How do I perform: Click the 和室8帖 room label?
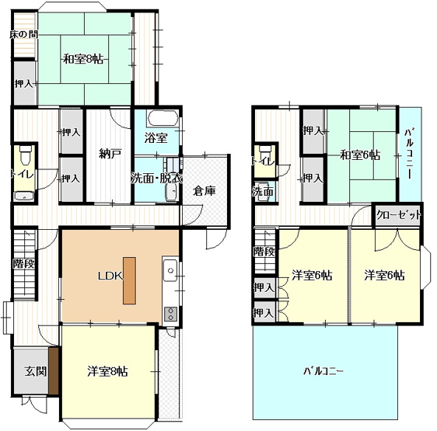click(x=83, y=59)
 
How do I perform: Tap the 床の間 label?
click(x=23, y=35)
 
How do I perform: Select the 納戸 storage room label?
click(x=110, y=154)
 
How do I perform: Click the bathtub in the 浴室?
click(x=163, y=118)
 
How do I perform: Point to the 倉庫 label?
click(x=205, y=191)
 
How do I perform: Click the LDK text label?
click(x=110, y=276)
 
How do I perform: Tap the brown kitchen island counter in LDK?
click(x=130, y=280)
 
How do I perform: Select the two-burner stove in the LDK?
click(x=170, y=314)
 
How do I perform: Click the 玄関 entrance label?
click(x=36, y=371)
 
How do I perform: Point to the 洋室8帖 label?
click(x=107, y=371)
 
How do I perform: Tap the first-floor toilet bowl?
click(x=26, y=155)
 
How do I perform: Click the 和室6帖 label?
click(x=360, y=155)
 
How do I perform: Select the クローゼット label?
click(x=398, y=215)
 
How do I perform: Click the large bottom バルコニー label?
click(x=323, y=371)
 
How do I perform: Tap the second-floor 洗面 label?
click(x=263, y=192)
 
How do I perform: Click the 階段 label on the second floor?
click(x=264, y=252)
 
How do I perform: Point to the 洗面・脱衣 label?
click(x=156, y=179)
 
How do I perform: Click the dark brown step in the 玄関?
click(x=54, y=371)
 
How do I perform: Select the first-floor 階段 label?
click(x=24, y=263)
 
